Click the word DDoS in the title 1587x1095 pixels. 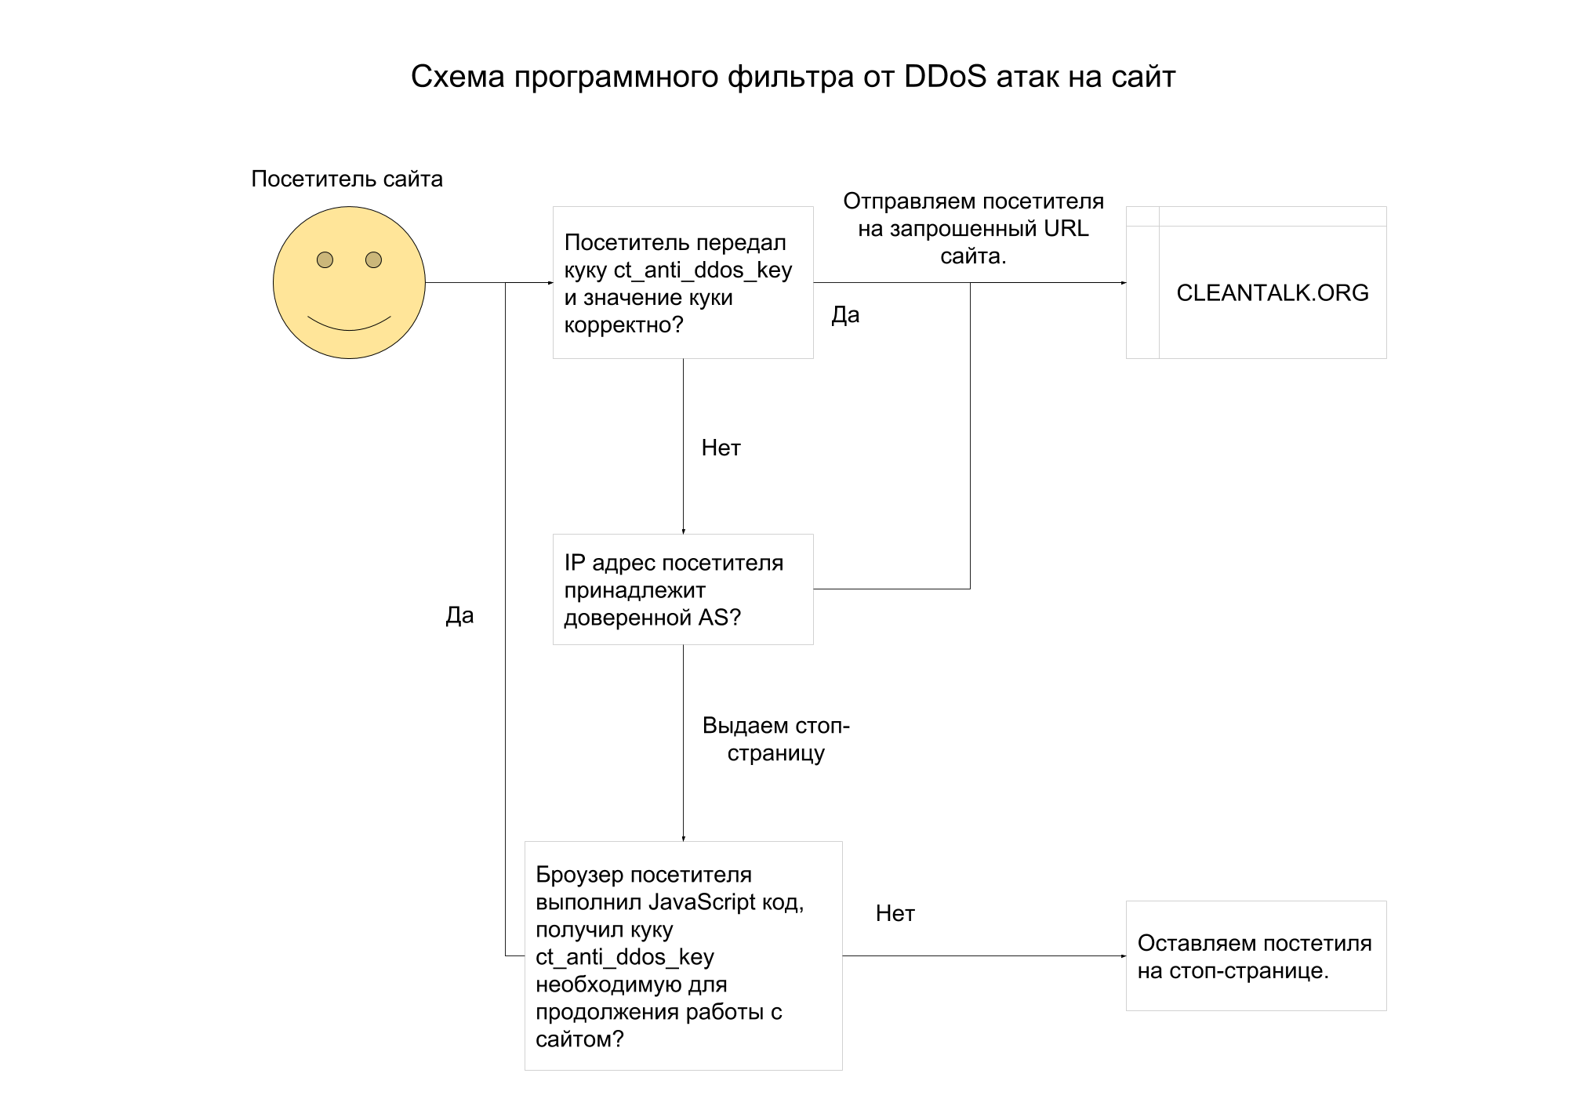click(x=944, y=77)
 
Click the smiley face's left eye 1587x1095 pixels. click(x=325, y=259)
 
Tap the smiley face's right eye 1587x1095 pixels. click(x=373, y=259)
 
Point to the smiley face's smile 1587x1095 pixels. click(x=349, y=325)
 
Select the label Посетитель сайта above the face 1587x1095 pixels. click(x=347, y=179)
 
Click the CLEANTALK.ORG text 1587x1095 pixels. click(x=1272, y=292)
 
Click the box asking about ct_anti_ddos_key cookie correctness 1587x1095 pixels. click(x=682, y=283)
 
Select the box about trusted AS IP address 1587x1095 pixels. click(x=682, y=589)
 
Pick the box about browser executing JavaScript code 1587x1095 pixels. click(x=682, y=955)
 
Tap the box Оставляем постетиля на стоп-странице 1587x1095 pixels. click(x=1255, y=955)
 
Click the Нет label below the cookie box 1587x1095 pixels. click(x=721, y=448)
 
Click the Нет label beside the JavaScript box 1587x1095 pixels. click(x=895, y=913)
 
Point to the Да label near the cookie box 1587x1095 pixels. click(x=845, y=315)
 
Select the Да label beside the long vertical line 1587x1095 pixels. click(x=459, y=615)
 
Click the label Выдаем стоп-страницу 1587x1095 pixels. click(x=775, y=739)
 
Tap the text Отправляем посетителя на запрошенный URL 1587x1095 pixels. click(x=973, y=228)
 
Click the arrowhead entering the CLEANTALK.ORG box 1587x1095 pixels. click(x=1123, y=283)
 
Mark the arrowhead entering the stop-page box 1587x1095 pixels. click(x=1123, y=955)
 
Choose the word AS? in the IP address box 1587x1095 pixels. click(x=719, y=618)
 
